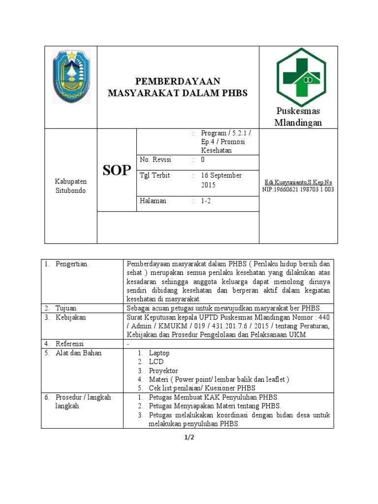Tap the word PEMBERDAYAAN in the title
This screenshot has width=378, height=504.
178,81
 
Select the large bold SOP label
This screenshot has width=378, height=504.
117,170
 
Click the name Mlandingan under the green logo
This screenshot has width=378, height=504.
298,123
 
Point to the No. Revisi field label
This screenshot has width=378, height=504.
156,159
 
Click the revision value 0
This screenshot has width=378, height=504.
202,159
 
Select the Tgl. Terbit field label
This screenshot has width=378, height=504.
156,175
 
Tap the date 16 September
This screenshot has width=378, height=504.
221,175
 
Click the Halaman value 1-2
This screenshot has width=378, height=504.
206,201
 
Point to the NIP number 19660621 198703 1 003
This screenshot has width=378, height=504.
298,189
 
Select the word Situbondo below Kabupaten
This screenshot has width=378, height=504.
71,190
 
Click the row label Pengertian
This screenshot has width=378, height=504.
71,264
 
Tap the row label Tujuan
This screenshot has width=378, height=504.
66,308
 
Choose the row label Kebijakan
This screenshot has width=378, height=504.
71,317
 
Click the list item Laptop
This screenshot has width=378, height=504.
159,353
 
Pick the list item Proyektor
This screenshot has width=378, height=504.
163,371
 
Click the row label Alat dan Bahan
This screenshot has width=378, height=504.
79,353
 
